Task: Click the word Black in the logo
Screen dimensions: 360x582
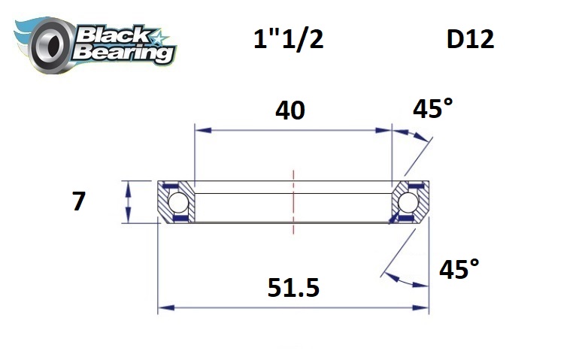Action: click(x=113, y=34)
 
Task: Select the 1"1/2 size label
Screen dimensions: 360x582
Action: click(x=289, y=40)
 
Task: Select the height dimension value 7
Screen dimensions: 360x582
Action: click(x=79, y=202)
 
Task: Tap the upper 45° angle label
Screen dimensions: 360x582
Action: click(x=433, y=110)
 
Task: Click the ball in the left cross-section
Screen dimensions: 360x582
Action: click(x=177, y=202)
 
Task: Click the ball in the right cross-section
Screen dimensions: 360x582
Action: click(x=408, y=202)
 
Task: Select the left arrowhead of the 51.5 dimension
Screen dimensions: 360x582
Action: click(x=163, y=307)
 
